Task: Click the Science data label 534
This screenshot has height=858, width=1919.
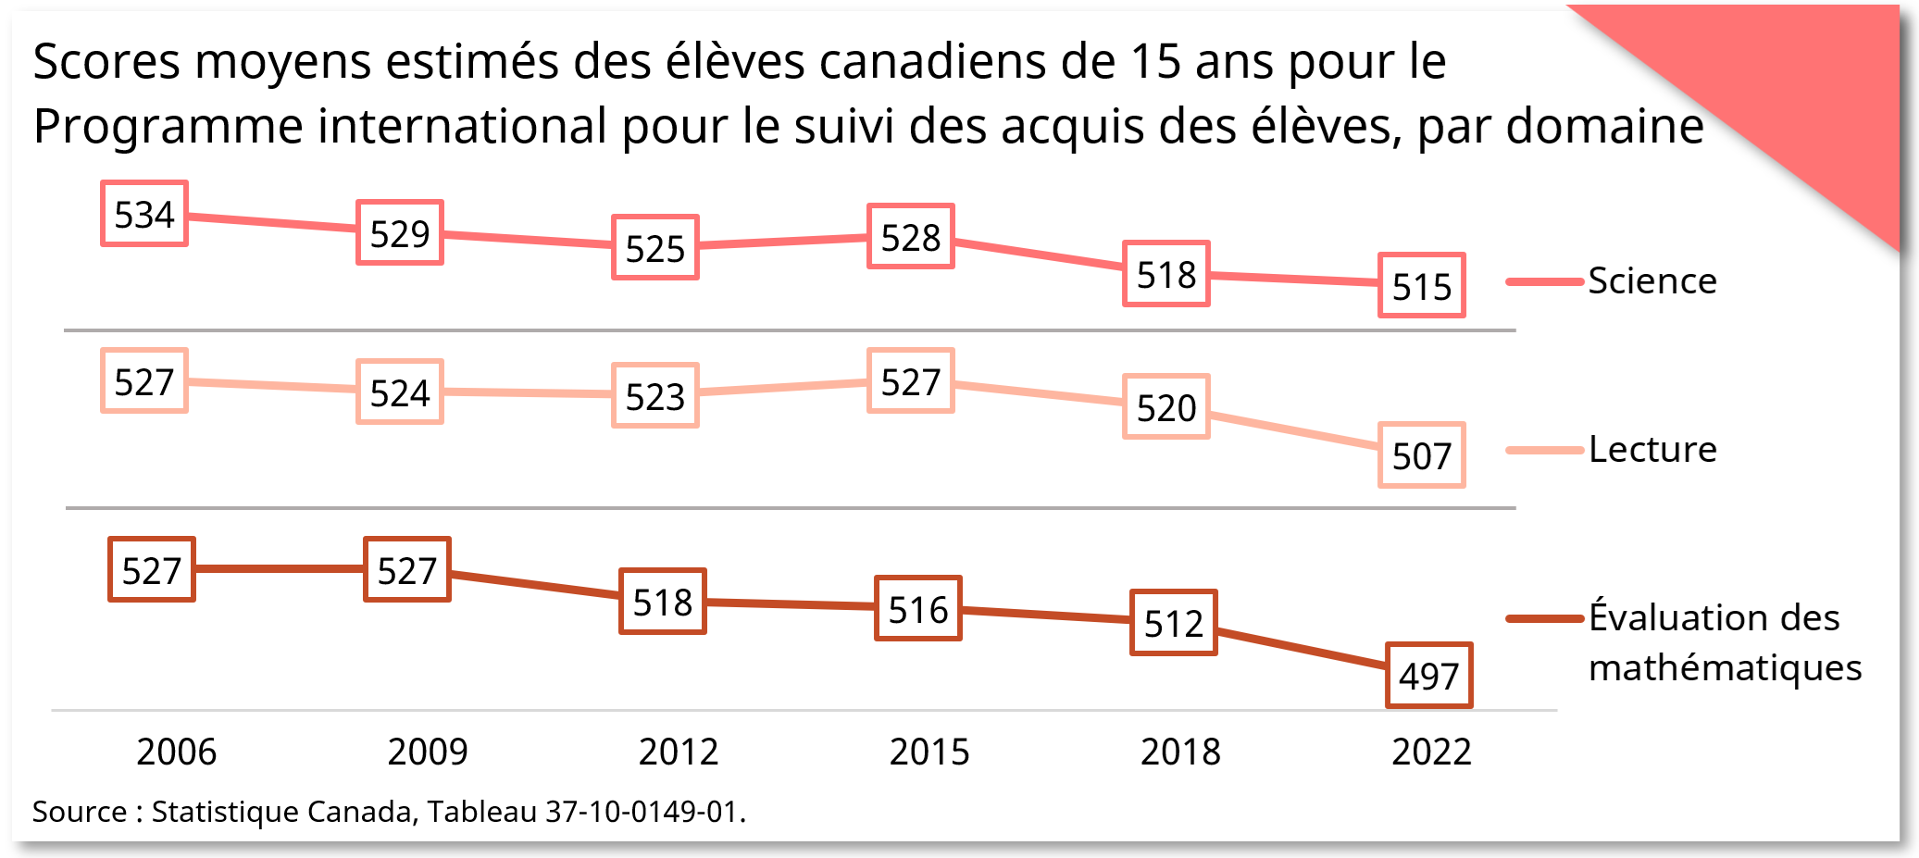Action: pyautogui.click(x=144, y=214)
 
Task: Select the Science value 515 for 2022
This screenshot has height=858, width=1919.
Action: pyautogui.click(x=1422, y=286)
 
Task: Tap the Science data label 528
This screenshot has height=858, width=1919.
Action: pyautogui.click(x=911, y=237)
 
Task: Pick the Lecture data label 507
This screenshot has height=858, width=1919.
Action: pyautogui.click(x=1422, y=455)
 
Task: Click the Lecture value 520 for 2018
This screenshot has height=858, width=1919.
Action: pyautogui.click(x=1166, y=407)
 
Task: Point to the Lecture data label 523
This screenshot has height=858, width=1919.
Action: pyautogui.click(x=655, y=396)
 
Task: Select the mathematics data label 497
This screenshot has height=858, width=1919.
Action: pyautogui.click(x=1429, y=676)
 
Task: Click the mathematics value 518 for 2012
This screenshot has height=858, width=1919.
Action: pyautogui.click(x=663, y=602)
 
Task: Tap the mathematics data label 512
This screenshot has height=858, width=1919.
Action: pyautogui.click(x=1174, y=623)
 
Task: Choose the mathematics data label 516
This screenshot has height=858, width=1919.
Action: pyautogui.click(x=918, y=609)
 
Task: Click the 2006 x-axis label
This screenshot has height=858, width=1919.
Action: pyautogui.click(x=177, y=752)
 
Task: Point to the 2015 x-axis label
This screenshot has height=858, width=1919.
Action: pyautogui.click(x=929, y=752)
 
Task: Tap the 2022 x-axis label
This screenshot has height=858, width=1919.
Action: pyautogui.click(x=1431, y=752)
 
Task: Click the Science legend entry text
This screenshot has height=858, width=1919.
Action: pyautogui.click(x=1652, y=280)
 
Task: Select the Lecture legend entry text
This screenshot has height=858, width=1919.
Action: pyautogui.click(x=1652, y=449)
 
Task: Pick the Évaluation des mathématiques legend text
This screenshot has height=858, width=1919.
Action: pyautogui.click(x=1724, y=642)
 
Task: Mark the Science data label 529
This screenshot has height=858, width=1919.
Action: pyautogui.click(x=400, y=233)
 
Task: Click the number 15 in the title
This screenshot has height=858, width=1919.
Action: pyautogui.click(x=1155, y=62)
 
